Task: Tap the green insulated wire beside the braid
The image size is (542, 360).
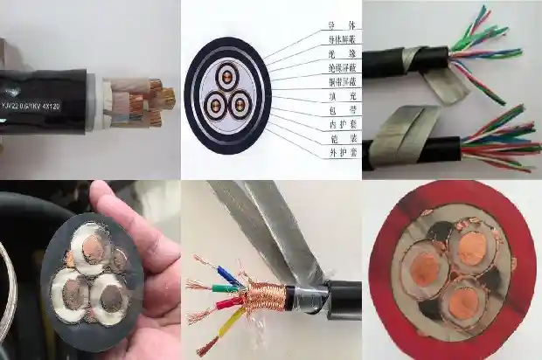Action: point(210,286)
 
